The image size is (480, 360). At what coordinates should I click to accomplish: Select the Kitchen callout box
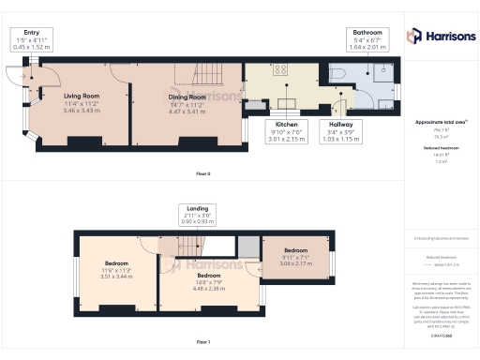tap(286, 132)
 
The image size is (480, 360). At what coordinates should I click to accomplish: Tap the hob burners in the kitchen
tap(280, 69)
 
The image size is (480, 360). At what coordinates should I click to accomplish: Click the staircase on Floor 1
tap(192, 247)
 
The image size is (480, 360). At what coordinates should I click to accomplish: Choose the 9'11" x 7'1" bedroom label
tap(295, 256)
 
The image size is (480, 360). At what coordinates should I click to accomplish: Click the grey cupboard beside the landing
tap(247, 246)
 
